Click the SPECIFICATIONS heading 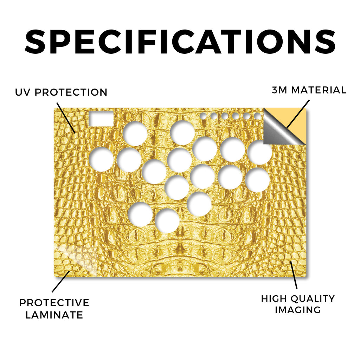180,41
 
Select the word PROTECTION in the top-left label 71,92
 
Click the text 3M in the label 279,90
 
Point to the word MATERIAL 319,90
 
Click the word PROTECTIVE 54,303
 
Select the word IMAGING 298,310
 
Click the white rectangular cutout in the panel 101,119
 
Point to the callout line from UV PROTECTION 66,118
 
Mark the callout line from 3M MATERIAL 298,114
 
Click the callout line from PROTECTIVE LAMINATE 60,282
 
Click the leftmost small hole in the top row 203,116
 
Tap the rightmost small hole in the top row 257,116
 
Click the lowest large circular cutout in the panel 167,221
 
